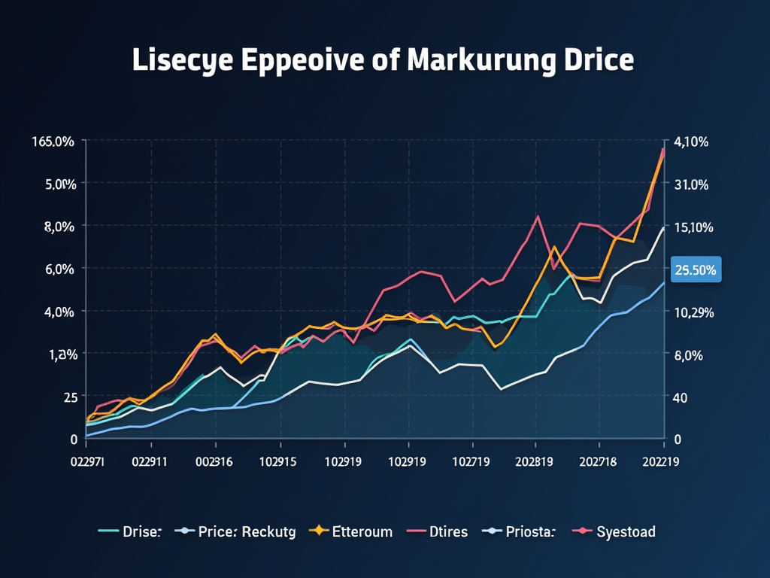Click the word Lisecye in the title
(x=183, y=61)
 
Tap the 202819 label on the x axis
(x=535, y=464)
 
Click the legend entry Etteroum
(x=362, y=532)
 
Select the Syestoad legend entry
(x=626, y=532)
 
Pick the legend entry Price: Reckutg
(x=247, y=532)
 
